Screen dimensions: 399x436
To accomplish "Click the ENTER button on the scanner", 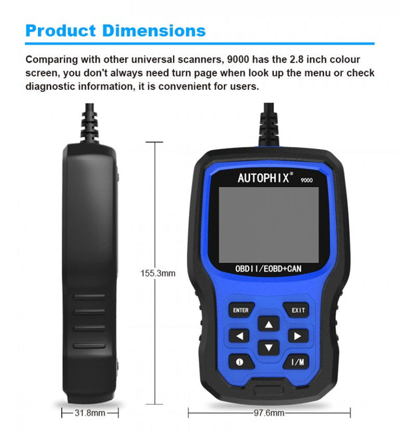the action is (x=241, y=310).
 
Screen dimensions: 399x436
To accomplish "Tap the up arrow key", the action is (x=269, y=324).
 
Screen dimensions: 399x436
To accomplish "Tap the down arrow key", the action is (x=269, y=347).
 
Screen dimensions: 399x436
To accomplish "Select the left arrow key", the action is (x=239, y=336).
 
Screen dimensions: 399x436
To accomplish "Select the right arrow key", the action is (x=298, y=336).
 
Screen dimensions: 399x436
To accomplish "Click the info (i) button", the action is (x=241, y=361).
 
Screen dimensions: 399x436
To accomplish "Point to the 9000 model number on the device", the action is (x=307, y=180).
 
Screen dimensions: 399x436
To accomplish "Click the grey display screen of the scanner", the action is (x=269, y=225).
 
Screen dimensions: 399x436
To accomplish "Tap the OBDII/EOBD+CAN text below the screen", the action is (x=268, y=269).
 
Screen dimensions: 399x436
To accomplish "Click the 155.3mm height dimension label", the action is (x=158, y=273).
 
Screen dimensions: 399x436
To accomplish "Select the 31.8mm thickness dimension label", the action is (x=90, y=413).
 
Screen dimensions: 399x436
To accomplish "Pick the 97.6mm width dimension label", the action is (x=269, y=413).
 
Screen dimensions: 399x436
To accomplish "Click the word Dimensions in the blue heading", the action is (x=154, y=31).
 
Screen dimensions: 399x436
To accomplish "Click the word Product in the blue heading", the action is (x=61, y=31).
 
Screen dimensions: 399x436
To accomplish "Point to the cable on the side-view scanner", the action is (x=90, y=122).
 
